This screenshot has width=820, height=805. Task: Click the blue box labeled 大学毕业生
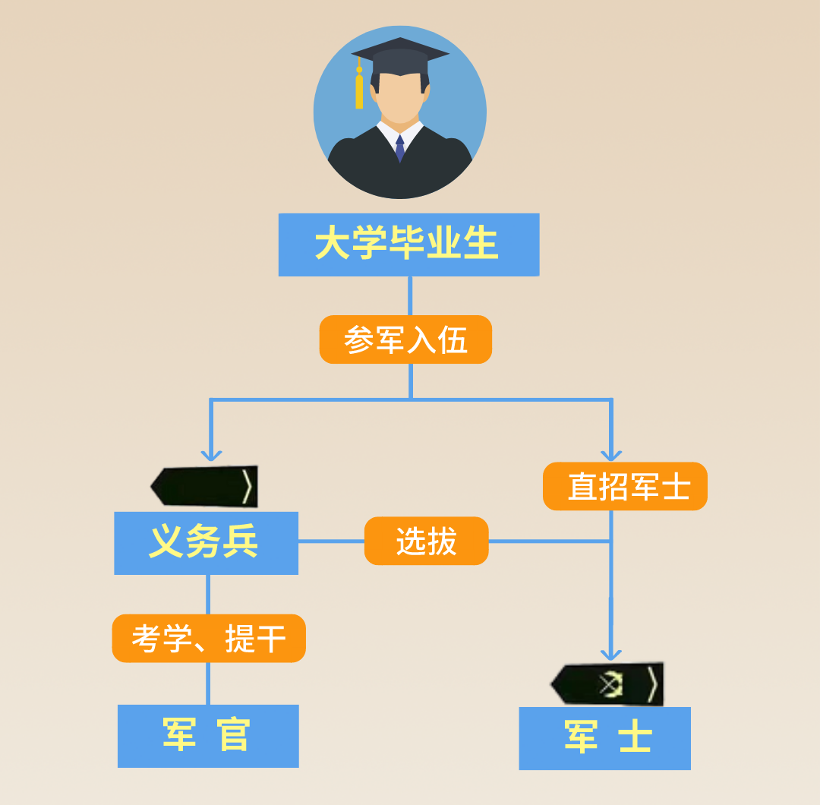[x=408, y=245]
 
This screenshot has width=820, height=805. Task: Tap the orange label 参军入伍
[x=405, y=339]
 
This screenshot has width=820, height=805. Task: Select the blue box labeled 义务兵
[x=206, y=542]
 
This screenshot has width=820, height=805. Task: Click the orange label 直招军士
[x=625, y=486]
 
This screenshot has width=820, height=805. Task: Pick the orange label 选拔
[x=426, y=541]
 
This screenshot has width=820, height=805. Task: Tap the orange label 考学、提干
[x=209, y=638]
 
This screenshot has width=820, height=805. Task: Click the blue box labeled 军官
[x=208, y=735]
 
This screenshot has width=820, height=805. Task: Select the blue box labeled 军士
[x=604, y=737]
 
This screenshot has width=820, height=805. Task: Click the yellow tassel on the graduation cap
[x=359, y=88]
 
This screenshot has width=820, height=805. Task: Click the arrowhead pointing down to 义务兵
[x=211, y=454]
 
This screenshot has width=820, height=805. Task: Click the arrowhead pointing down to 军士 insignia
[x=611, y=653]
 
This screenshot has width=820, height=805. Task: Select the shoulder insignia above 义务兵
[x=205, y=487]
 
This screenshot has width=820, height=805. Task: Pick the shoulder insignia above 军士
[x=607, y=683]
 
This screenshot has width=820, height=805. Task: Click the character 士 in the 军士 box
[x=635, y=737]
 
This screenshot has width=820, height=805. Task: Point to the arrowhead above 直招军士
[x=611, y=454]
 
